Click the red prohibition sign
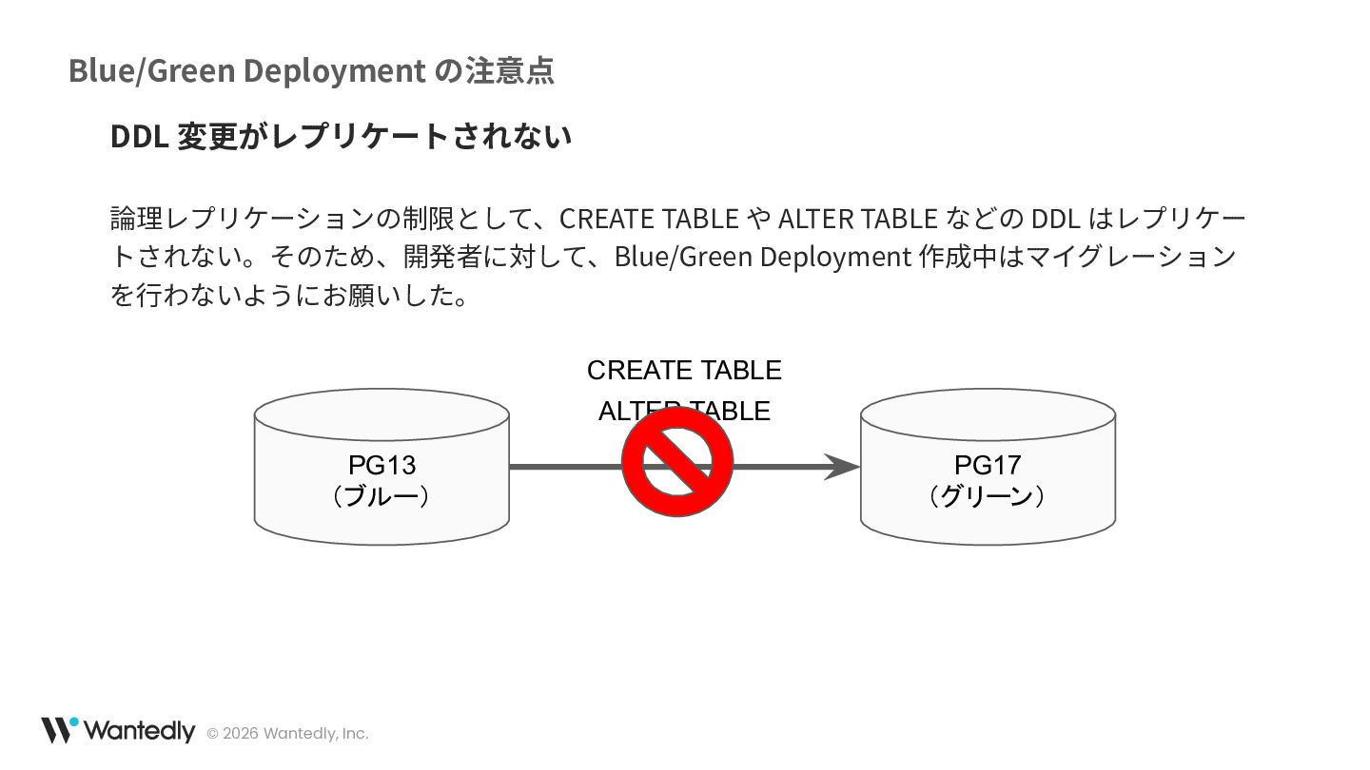coord(677,462)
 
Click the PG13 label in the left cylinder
coord(382,465)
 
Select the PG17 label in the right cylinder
coord(988,465)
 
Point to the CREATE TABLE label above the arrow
coord(684,370)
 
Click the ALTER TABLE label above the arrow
coord(684,411)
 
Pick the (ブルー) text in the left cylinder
coord(382,496)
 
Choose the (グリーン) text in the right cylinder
coord(988,496)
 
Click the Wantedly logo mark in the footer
coord(58,729)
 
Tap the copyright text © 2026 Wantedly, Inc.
coord(287,733)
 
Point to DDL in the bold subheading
coord(139,136)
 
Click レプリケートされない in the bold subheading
coord(421,136)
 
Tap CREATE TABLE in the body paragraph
coord(649,219)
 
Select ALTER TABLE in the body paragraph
coord(857,219)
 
